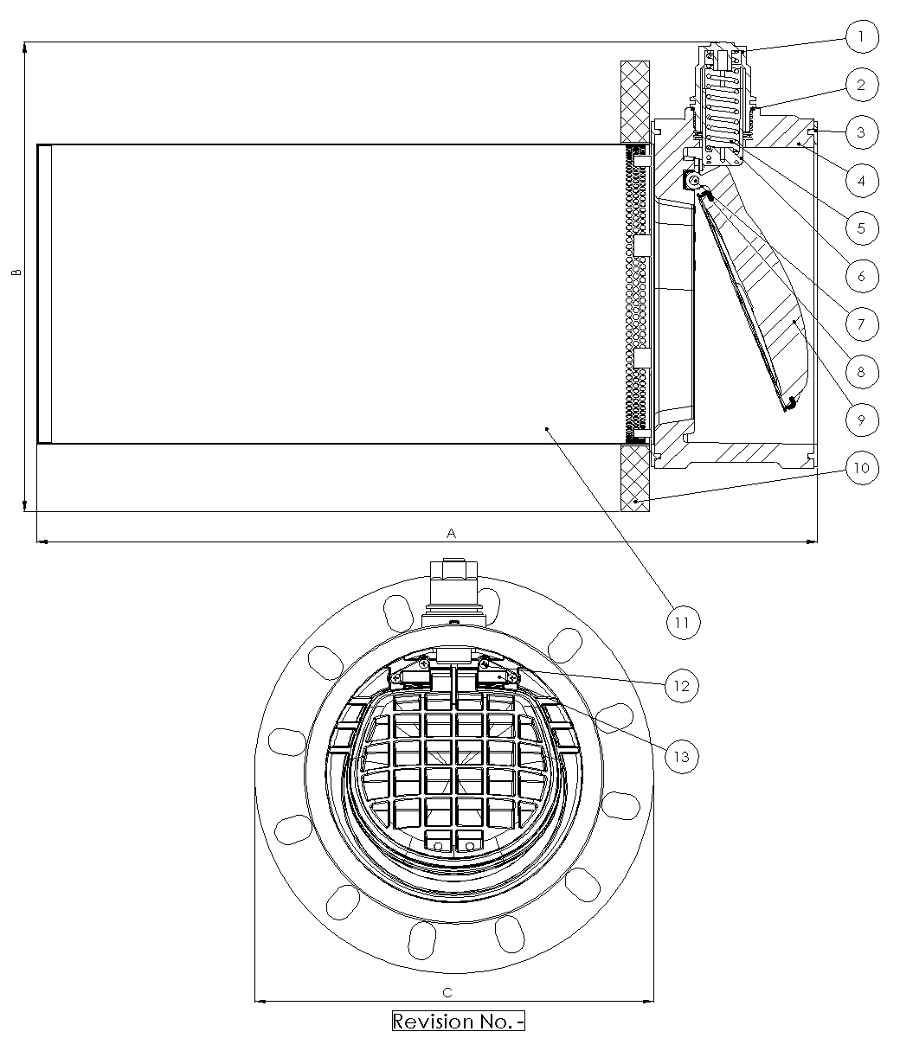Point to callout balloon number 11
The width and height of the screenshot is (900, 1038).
click(x=684, y=622)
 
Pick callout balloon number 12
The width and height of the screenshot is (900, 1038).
click(x=682, y=685)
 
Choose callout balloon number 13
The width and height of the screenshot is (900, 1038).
click(x=682, y=755)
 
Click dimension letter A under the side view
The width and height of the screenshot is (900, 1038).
click(x=451, y=533)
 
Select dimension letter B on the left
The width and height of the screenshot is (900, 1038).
click(x=16, y=272)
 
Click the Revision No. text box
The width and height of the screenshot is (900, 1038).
click(x=459, y=1021)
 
